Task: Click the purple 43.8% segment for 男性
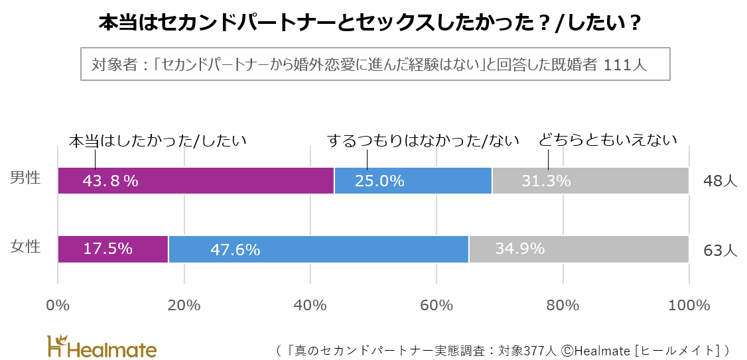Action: (x=196, y=181)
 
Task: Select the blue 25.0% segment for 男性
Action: (x=413, y=181)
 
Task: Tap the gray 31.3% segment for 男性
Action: (x=590, y=181)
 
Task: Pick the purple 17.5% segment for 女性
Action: (x=113, y=249)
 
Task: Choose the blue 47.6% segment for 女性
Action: (x=318, y=249)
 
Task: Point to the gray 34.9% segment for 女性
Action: (x=578, y=249)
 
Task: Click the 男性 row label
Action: (x=26, y=178)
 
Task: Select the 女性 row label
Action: (x=26, y=247)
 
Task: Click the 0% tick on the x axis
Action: (x=58, y=306)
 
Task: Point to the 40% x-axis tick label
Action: (x=310, y=306)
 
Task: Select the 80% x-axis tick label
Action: (x=563, y=306)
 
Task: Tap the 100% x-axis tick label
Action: (x=689, y=306)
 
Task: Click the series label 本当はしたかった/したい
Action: (x=158, y=141)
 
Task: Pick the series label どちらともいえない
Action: (x=608, y=141)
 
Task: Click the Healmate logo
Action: (x=102, y=346)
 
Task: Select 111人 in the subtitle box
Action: (x=624, y=65)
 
